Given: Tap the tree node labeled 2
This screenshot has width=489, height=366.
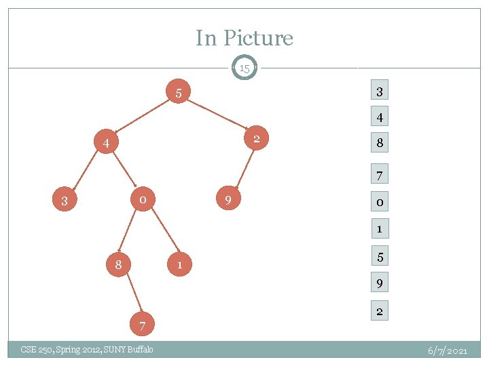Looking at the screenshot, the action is click(x=256, y=140).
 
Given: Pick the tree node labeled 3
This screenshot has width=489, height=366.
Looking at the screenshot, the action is click(x=64, y=201).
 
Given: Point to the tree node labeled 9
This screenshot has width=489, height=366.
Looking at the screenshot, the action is click(x=228, y=201).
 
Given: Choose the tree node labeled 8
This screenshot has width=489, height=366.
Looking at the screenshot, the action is click(x=118, y=265).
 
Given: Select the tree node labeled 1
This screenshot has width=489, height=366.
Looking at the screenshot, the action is click(x=179, y=265).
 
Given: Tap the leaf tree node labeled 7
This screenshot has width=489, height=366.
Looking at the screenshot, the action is click(x=142, y=327).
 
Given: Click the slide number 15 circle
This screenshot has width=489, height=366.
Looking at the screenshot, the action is click(x=244, y=68).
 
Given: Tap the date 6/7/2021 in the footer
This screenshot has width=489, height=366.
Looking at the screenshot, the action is click(x=448, y=350).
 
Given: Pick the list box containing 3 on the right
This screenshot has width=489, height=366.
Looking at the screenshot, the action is click(x=380, y=91).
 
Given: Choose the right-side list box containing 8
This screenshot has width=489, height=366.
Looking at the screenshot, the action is click(x=380, y=143).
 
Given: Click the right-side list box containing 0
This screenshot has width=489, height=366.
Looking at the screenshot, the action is click(x=380, y=203).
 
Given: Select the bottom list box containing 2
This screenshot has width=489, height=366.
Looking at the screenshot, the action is click(x=380, y=312).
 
